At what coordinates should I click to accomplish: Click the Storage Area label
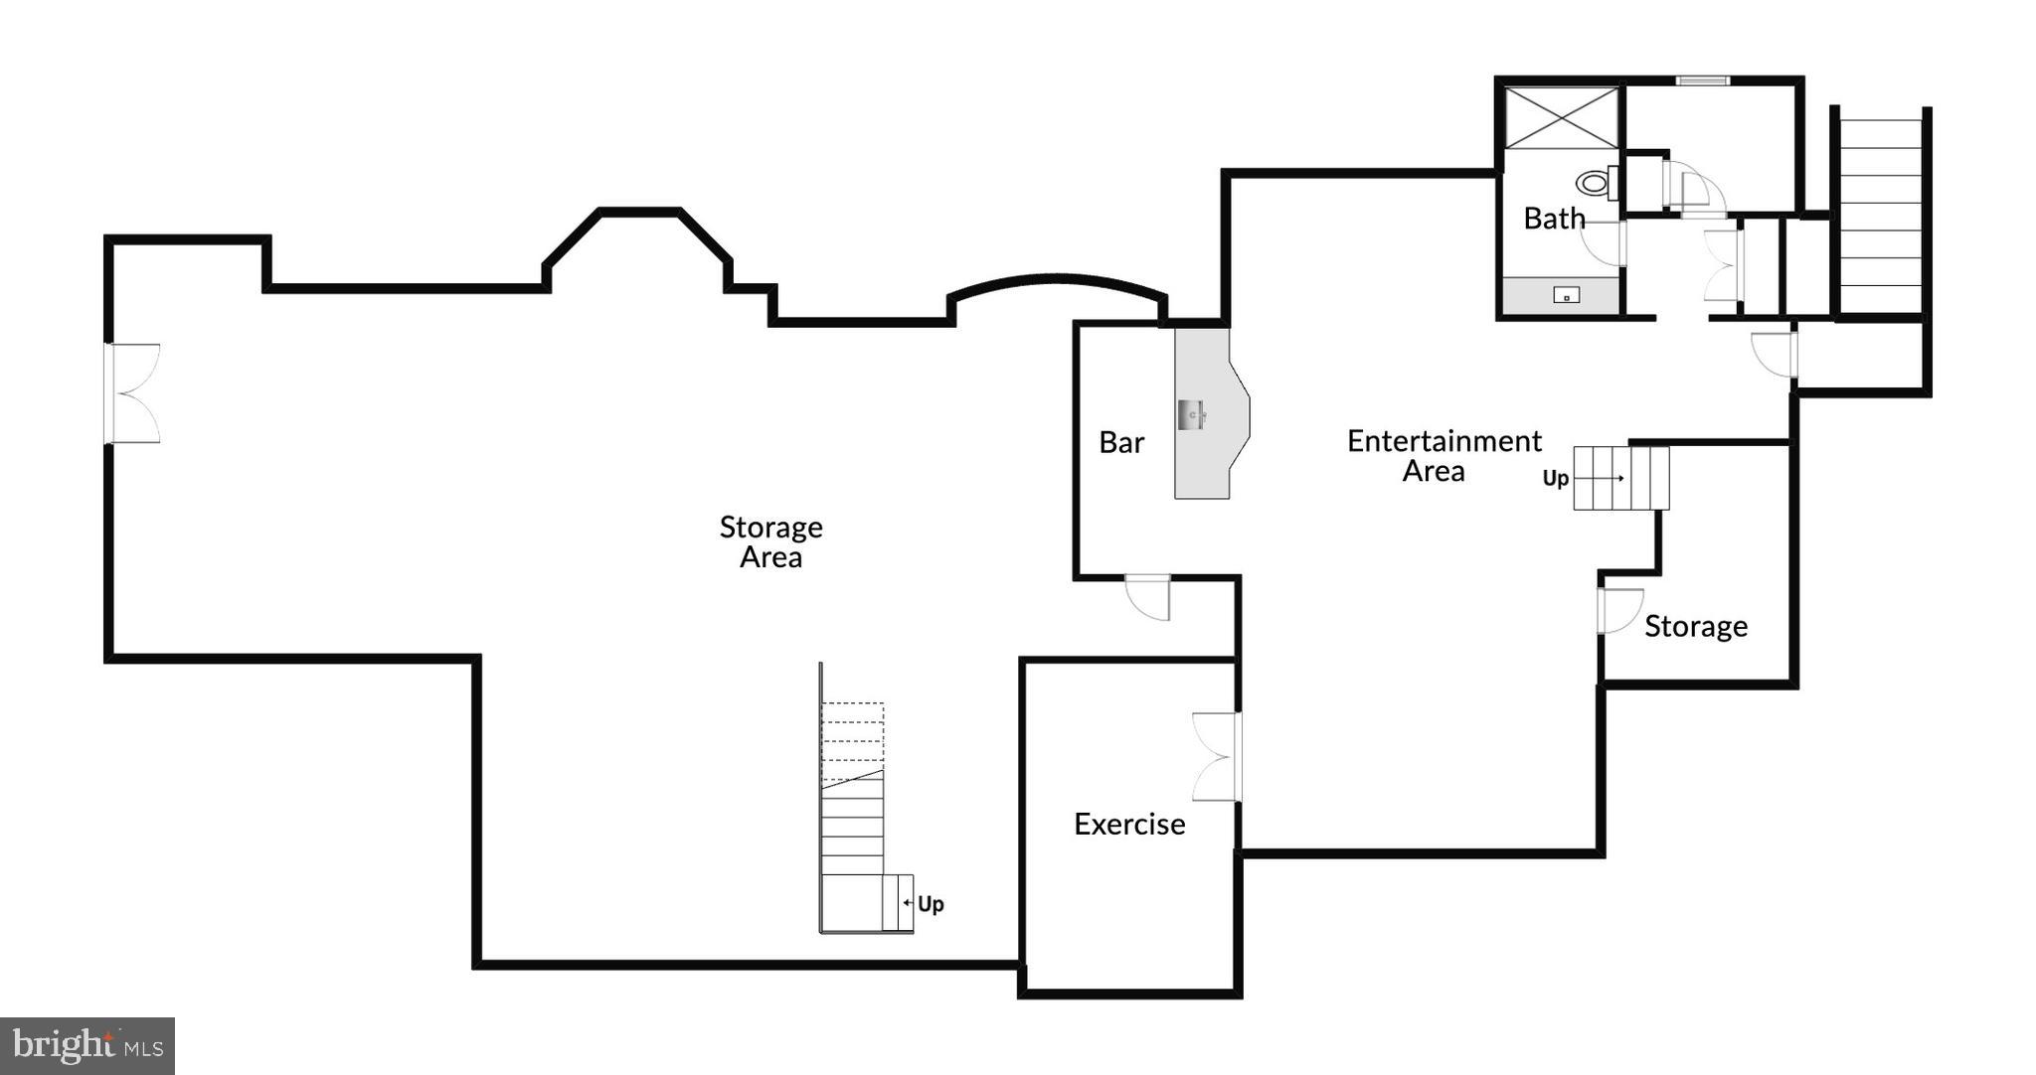click(770, 541)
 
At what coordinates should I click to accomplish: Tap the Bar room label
click(1121, 443)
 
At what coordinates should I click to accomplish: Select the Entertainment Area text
click(1443, 455)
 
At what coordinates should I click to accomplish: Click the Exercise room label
click(1129, 825)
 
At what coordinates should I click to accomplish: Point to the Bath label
click(1554, 219)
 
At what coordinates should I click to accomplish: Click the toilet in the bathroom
click(1595, 183)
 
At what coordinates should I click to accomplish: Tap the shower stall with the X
click(1562, 118)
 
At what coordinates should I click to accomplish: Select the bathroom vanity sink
click(1566, 295)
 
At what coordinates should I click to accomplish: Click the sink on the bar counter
click(1192, 413)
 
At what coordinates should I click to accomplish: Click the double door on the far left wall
click(131, 393)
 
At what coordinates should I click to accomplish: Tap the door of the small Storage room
click(1618, 610)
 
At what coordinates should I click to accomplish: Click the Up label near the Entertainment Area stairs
click(1555, 479)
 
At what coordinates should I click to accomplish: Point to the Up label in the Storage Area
click(931, 904)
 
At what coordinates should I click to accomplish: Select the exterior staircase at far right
click(1880, 214)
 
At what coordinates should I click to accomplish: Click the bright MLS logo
click(87, 1045)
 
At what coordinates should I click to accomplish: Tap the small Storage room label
click(1695, 627)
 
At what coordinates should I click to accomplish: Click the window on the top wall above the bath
click(1703, 80)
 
